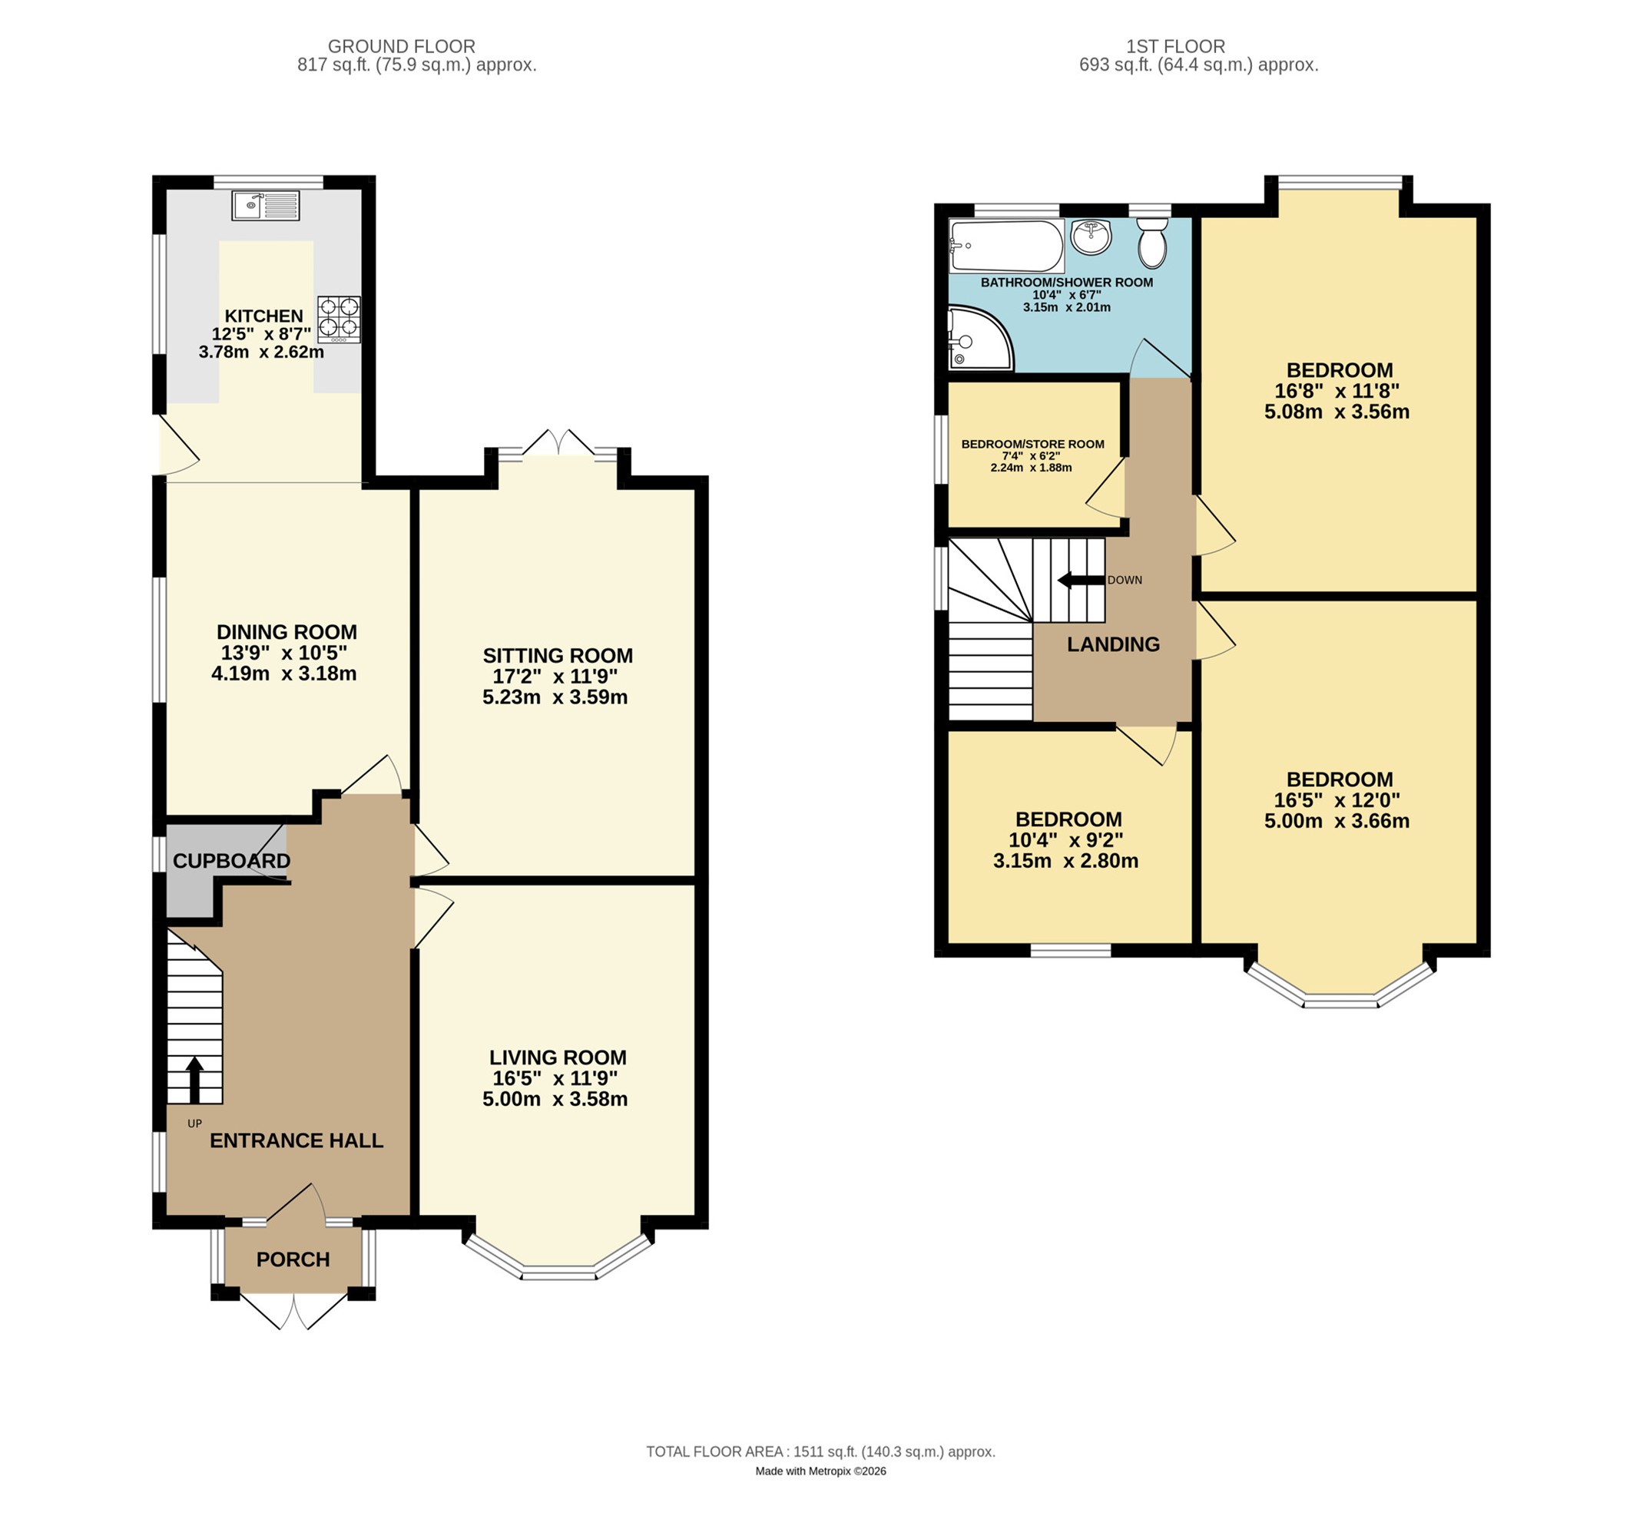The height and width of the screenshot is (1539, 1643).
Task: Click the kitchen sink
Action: pyautogui.click(x=265, y=205)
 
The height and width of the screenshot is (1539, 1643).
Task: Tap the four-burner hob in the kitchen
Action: pyautogui.click(x=339, y=319)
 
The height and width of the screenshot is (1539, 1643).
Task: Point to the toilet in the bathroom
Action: pyautogui.click(x=1153, y=242)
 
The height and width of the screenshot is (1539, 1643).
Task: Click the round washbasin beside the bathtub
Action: pyautogui.click(x=1091, y=237)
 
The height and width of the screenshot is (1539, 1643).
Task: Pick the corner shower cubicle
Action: pyautogui.click(x=980, y=338)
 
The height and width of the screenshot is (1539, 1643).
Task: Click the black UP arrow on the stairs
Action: pyautogui.click(x=194, y=1080)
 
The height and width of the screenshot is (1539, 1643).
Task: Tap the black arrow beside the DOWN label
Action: pyautogui.click(x=1081, y=580)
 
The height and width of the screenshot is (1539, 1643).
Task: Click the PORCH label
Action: pyautogui.click(x=293, y=1259)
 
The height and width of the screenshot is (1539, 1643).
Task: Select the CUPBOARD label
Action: pyautogui.click(x=231, y=861)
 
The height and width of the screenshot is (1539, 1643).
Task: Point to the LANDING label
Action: pyautogui.click(x=1113, y=644)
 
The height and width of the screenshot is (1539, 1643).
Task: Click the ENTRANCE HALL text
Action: pyautogui.click(x=296, y=1141)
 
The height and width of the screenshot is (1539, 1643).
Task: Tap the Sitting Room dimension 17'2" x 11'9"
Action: pyautogui.click(x=555, y=676)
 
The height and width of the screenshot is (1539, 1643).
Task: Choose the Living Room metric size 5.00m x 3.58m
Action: pyautogui.click(x=555, y=1099)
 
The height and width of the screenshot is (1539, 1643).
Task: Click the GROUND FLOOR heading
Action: pyautogui.click(x=402, y=46)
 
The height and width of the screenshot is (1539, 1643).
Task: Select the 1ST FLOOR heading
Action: pyautogui.click(x=1175, y=46)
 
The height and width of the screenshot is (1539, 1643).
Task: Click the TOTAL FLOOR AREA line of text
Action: pyautogui.click(x=820, y=1451)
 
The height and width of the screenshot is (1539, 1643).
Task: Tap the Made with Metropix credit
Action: pyautogui.click(x=820, y=1471)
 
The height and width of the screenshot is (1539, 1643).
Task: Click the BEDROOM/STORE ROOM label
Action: pyautogui.click(x=1032, y=445)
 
